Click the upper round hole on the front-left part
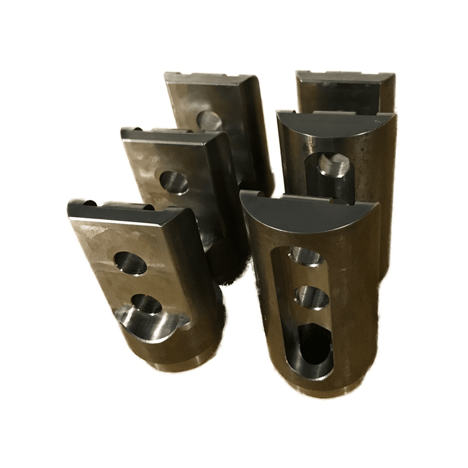pyautogui.click(x=130, y=263)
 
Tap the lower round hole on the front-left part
pyautogui.click(x=146, y=304)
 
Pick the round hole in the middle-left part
pyautogui.click(x=174, y=182)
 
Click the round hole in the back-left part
pyautogui.click(x=209, y=121)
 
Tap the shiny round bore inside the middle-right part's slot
pyautogui.click(x=333, y=165)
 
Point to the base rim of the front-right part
pyautogui.click(x=322, y=389)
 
